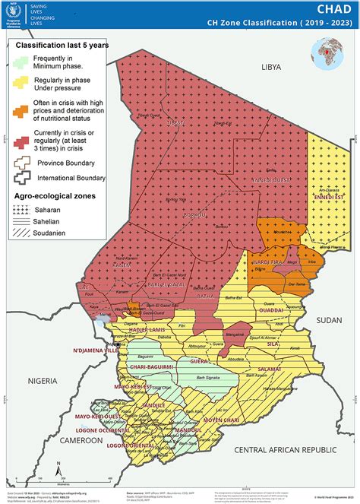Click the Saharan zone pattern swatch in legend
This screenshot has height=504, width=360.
23,207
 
